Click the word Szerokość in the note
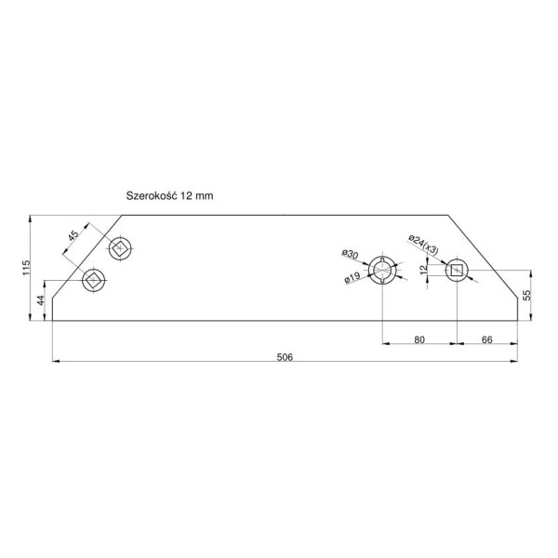pyautogui.click(x=152, y=195)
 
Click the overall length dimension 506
pyautogui.click(x=285, y=357)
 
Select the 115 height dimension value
pyautogui.click(x=26, y=267)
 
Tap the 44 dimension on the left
pyautogui.click(x=41, y=300)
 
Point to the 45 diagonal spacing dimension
pyautogui.click(x=73, y=235)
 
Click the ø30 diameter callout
pyautogui.click(x=351, y=254)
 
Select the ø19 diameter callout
pyautogui.click(x=352, y=277)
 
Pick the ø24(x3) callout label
pyautogui.click(x=423, y=245)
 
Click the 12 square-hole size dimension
pyautogui.click(x=423, y=270)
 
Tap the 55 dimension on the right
pyautogui.click(x=526, y=295)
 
